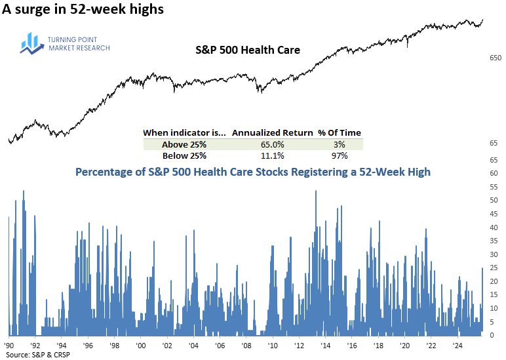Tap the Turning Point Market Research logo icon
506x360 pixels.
(x=31, y=43)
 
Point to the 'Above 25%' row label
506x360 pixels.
(x=174, y=144)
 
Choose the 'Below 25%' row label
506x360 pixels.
(x=174, y=155)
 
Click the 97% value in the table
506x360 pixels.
(x=339, y=155)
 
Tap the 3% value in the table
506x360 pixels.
(x=339, y=144)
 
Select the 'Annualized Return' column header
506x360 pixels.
(x=272, y=132)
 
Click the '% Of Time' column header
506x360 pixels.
(x=339, y=132)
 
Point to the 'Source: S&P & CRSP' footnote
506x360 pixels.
(x=37, y=355)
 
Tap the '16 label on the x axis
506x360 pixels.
(x=352, y=344)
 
